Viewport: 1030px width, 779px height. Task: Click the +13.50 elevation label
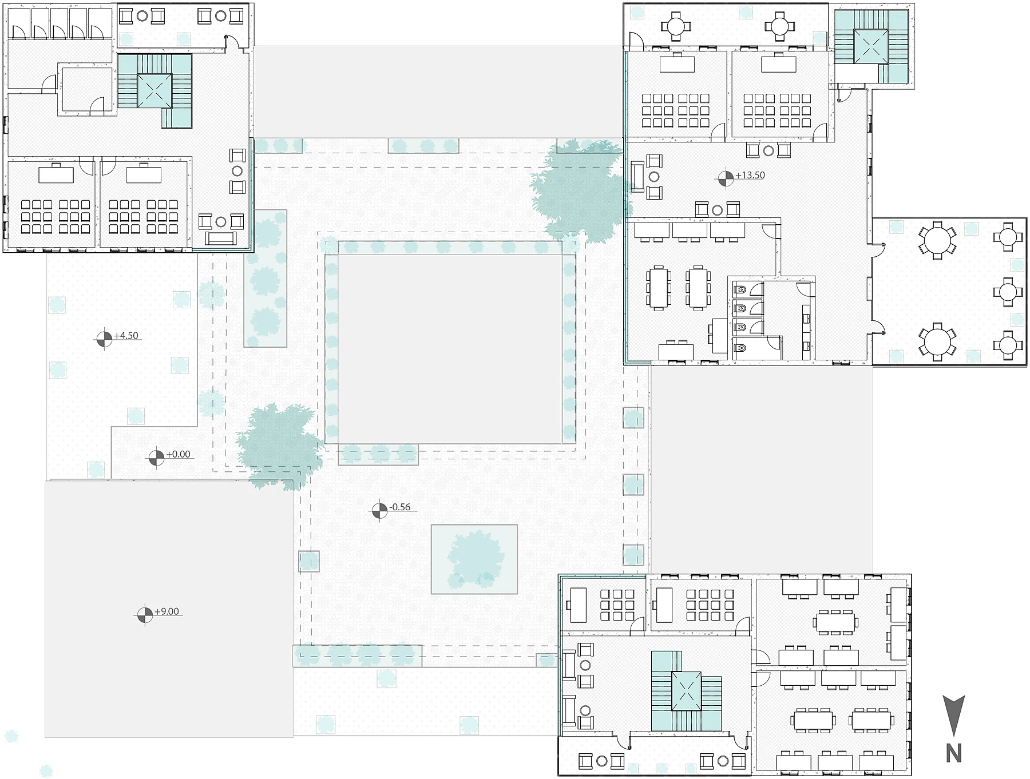pyautogui.click(x=750, y=176)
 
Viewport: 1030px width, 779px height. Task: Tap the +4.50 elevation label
pyautogui.click(x=126, y=336)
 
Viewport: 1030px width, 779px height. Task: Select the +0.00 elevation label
pyautogui.click(x=178, y=454)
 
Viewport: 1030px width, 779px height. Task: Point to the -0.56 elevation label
pyautogui.click(x=400, y=507)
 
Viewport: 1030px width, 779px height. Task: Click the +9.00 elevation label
pyautogui.click(x=167, y=611)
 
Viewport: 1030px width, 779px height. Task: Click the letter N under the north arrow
pyautogui.click(x=953, y=754)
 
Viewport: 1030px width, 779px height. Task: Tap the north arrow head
pyautogui.click(x=953, y=715)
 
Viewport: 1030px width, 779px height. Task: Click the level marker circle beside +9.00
pyautogui.click(x=145, y=615)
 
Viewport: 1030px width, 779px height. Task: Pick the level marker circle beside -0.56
pyautogui.click(x=379, y=511)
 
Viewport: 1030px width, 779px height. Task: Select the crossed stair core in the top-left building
pyautogui.click(x=155, y=90)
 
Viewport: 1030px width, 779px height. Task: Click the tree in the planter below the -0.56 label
pyautogui.click(x=474, y=558)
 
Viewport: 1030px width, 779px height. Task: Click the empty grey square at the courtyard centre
pyautogui.click(x=449, y=348)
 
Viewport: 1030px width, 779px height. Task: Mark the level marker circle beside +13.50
pyautogui.click(x=725, y=178)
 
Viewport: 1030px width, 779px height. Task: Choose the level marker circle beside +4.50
pyautogui.click(x=104, y=339)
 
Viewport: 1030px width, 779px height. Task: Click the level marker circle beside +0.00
pyautogui.click(x=156, y=458)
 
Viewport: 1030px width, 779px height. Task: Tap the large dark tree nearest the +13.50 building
pyautogui.click(x=578, y=189)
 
